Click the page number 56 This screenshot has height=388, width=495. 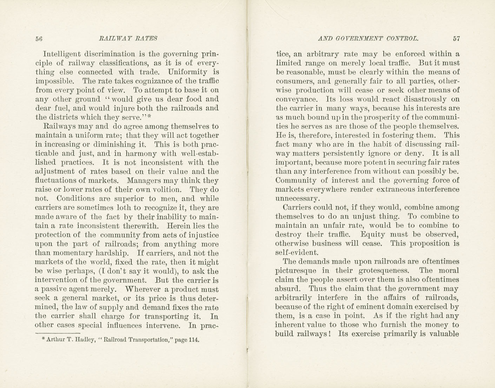click(x=39, y=39)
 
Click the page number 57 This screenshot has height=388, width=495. click(x=456, y=39)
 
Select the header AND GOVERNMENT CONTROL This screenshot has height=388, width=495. click(x=368, y=39)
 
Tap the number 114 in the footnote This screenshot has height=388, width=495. click(x=194, y=340)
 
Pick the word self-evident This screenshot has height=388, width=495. click(x=297, y=252)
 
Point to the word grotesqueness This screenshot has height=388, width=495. click(x=380, y=270)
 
